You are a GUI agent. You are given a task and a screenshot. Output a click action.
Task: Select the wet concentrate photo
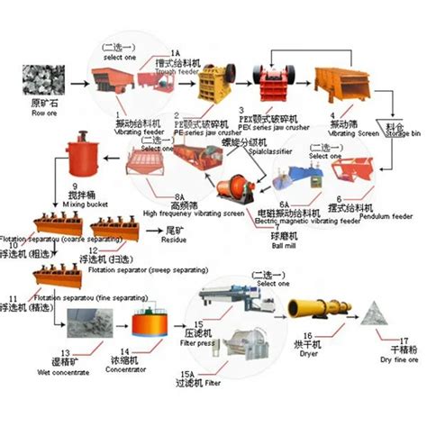pyautogui.click(x=87, y=322)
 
